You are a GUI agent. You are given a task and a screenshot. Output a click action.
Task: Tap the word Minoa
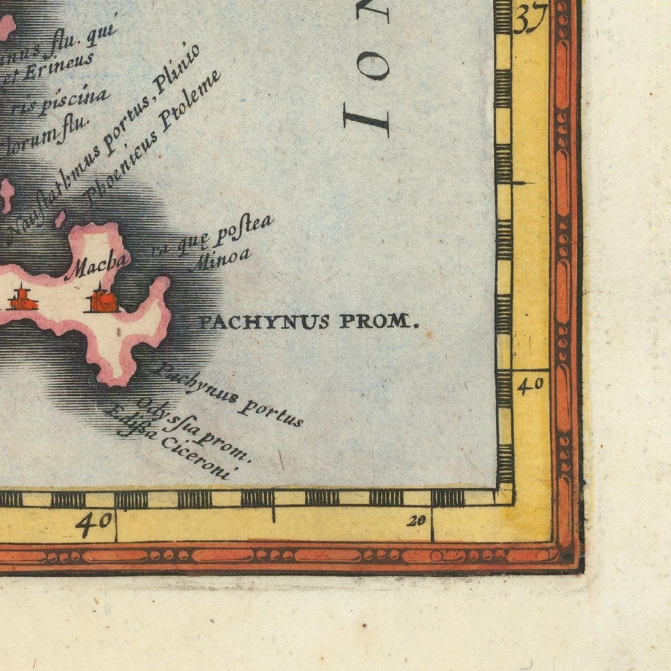pos(221,260)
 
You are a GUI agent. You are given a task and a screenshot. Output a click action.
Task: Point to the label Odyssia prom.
pos(195,430)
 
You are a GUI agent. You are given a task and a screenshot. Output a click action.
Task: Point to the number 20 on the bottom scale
pos(417,521)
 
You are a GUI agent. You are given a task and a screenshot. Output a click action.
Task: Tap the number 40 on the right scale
pos(531,385)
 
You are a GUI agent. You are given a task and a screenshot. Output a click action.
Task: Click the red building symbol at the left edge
pos(20,299)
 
